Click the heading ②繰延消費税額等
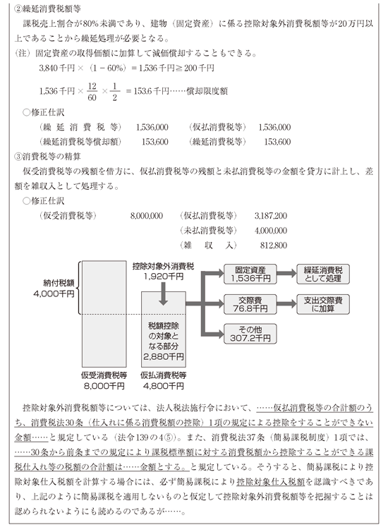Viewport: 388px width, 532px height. point(47,9)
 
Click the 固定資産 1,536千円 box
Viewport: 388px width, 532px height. point(250,274)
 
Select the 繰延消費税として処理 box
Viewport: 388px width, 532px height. point(323,274)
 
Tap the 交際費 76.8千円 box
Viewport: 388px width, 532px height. point(250,304)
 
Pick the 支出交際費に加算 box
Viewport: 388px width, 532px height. point(323,304)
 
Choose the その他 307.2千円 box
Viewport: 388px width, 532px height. point(250,334)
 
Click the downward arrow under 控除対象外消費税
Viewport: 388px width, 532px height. point(163,294)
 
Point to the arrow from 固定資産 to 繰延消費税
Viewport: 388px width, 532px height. point(286,274)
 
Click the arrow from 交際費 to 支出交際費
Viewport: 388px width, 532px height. point(286,303)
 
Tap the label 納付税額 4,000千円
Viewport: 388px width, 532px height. point(54,289)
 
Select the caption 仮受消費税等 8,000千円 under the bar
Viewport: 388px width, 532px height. point(104,381)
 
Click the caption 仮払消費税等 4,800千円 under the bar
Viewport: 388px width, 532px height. point(164,381)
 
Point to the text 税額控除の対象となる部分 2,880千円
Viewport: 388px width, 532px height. point(164,341)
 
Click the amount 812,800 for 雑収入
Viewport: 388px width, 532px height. point(274,246)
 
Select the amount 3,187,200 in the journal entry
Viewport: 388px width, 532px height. point(271,216)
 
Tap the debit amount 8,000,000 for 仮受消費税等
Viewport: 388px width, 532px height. point(147,216)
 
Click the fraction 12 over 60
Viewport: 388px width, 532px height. point(92,92)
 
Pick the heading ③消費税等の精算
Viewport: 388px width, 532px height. point(47,157)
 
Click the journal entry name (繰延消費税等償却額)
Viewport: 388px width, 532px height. point(80,142)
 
